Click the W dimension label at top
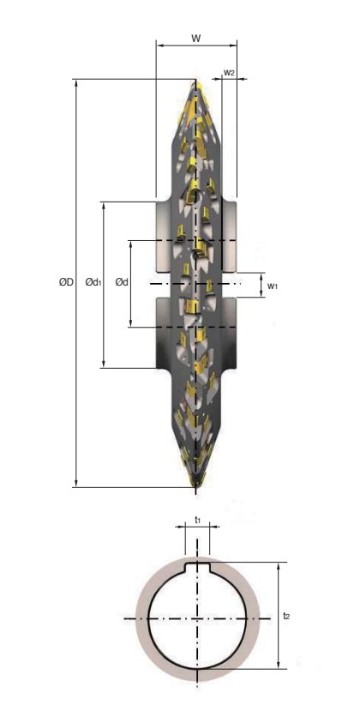pos(196,39)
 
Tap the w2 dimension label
pos(229,73)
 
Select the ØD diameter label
pos(66,282)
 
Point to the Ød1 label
pos(93,282)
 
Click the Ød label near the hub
pos(122,282)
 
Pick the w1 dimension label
pos(273,286)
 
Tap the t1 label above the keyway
pos(197,520)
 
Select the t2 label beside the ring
pos(286,616)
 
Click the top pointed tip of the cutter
pos(195,81)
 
